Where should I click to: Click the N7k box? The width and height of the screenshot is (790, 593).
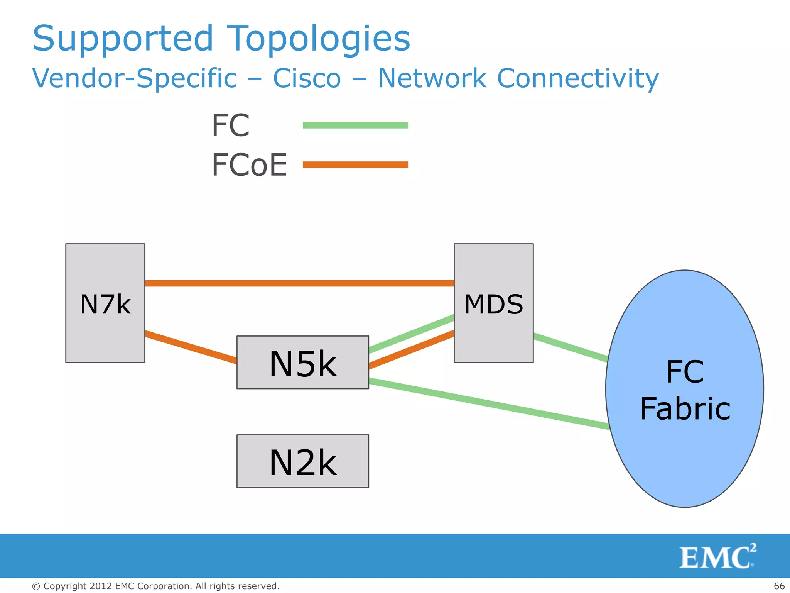coord(105,303)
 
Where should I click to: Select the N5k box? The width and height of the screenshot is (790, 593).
coord(303,363)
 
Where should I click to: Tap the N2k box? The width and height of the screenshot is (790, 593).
coord(303,461)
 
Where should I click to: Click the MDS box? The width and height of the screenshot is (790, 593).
coord(494,303)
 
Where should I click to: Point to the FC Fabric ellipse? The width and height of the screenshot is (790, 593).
coord(685,389)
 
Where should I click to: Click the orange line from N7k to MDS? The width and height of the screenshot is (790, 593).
coord(299,283)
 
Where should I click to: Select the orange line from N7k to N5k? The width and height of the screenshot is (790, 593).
coord(191,347)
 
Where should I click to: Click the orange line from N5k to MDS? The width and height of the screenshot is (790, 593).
coord(411,350)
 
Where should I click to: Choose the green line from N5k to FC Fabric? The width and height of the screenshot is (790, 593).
coord(489,404)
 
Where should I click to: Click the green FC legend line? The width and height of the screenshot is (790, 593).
coord(355,125)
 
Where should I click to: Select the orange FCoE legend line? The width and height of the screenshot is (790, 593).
coord(355,165)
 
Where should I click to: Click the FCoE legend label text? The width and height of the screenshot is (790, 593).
coord(250,165)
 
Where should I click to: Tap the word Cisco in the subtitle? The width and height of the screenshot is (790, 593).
coord(307,78)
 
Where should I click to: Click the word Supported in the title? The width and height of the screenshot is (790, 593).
coord(123,39)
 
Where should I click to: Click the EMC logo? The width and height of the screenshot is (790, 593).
coord(717,556)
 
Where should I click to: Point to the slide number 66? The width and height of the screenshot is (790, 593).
coord(779,586)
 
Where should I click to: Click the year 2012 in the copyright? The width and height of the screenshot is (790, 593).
coord(101,586)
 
